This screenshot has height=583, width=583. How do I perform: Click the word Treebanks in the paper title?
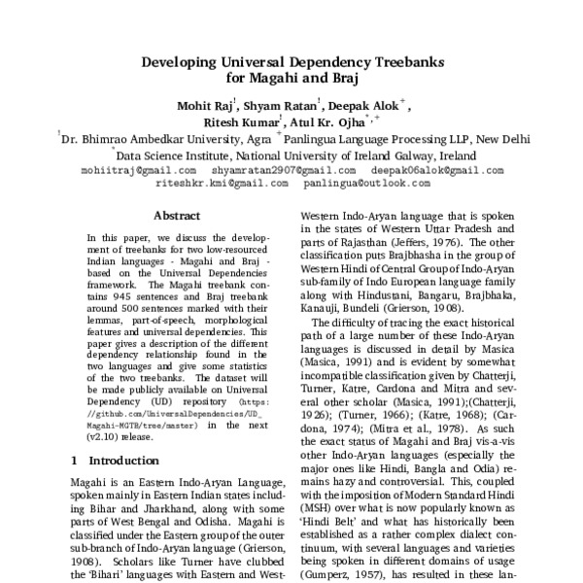click(398, 60)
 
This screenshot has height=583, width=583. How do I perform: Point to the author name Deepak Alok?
click(356, 105)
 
